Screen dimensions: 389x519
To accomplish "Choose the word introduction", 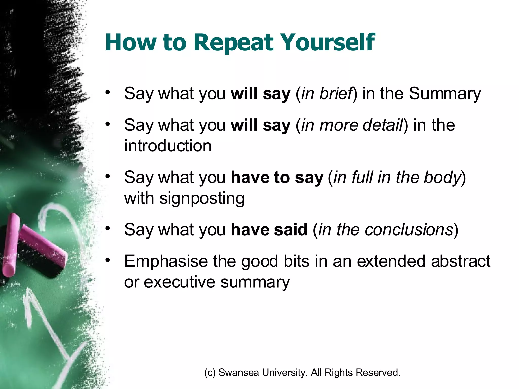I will [x=168, y=146].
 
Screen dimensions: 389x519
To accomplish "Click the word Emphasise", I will [x=166, y=261].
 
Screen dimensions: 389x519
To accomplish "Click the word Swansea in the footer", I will [x=238, y=373].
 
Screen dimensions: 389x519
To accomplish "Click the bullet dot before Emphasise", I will [x=108, y=260].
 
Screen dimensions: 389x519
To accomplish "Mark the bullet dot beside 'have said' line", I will [x=108, y=228].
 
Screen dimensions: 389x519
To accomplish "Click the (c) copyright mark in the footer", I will [x=210, y=373].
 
